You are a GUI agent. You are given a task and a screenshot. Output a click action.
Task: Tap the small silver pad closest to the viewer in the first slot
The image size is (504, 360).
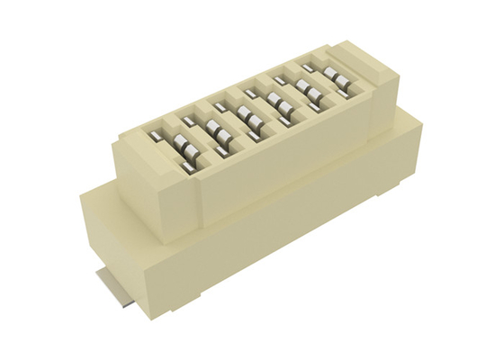(187, 167)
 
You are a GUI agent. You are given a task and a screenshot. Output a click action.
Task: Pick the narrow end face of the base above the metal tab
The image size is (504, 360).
(117, 243)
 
